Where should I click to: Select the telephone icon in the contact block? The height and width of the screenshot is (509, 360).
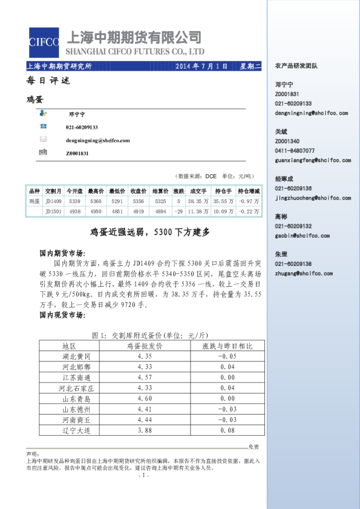43,126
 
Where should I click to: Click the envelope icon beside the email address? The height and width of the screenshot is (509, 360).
43,140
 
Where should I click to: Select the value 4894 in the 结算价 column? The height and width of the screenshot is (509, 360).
160,212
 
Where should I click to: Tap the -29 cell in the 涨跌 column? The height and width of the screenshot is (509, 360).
178,212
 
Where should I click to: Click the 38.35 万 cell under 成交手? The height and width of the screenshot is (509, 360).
198,201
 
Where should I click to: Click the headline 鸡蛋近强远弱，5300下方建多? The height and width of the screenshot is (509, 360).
149,232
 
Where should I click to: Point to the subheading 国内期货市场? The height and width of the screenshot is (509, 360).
62,254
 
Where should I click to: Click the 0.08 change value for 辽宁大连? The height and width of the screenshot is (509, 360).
227,430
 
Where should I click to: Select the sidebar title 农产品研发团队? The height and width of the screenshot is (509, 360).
296,65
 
